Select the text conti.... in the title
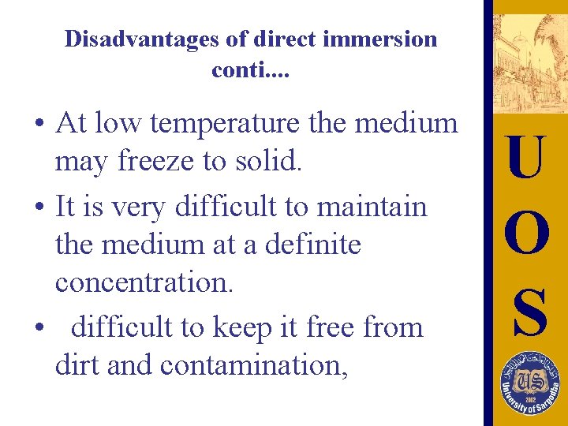[x=251, y=71]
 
